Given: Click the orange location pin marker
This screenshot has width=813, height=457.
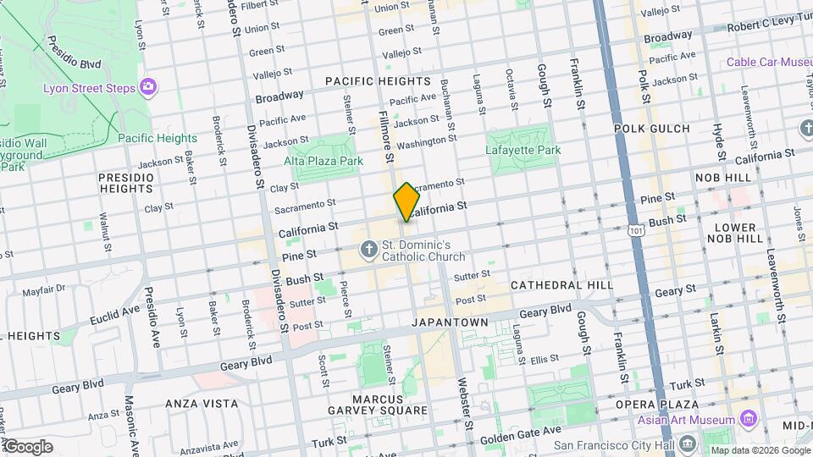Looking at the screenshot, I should coord(406,202).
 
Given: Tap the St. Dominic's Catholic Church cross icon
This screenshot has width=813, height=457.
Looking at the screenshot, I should coord(368,251).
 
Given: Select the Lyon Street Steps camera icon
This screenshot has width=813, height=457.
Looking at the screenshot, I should coord(149,86).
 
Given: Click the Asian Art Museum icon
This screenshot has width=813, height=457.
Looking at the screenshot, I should coord(747,420).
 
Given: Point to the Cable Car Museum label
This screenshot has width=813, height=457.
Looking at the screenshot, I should coord(769,63).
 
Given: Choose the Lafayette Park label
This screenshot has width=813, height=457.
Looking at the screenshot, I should coord(523,150).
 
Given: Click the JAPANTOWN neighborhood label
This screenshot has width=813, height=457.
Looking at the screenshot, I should coord(450,323).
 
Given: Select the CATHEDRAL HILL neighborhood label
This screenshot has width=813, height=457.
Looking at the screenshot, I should coord(561,285).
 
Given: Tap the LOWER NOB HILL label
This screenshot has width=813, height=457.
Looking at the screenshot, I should coord(734,234).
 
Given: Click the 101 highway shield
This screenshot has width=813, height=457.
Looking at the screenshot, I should coord(636,229).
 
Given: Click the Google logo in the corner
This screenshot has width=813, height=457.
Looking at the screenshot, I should coord(27,447).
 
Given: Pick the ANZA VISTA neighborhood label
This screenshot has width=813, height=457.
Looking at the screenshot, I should coord(202,404).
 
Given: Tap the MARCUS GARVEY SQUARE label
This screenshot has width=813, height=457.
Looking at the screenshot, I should coord(379,405).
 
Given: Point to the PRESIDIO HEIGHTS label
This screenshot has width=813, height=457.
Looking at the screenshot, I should coord(126,183).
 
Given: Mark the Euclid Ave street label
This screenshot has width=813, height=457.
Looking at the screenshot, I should coord(115,316).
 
